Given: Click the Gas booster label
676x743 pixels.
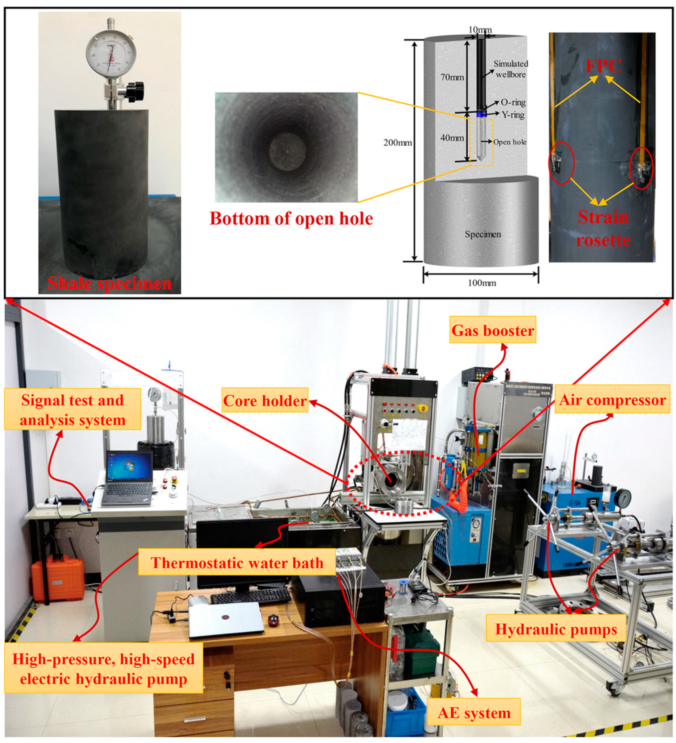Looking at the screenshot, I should pos(493,330).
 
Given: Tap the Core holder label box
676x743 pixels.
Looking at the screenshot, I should pos(265,400).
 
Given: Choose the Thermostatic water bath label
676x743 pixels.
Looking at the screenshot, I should pos(237,563).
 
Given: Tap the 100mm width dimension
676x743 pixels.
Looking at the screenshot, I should pos(481,283).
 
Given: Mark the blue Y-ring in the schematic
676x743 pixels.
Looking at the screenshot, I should pos(481,115).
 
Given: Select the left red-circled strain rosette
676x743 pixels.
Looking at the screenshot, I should pos(561,163).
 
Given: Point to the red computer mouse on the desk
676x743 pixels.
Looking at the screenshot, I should pos(273,620).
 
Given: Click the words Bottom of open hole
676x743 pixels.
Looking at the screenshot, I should pos(291,218).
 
